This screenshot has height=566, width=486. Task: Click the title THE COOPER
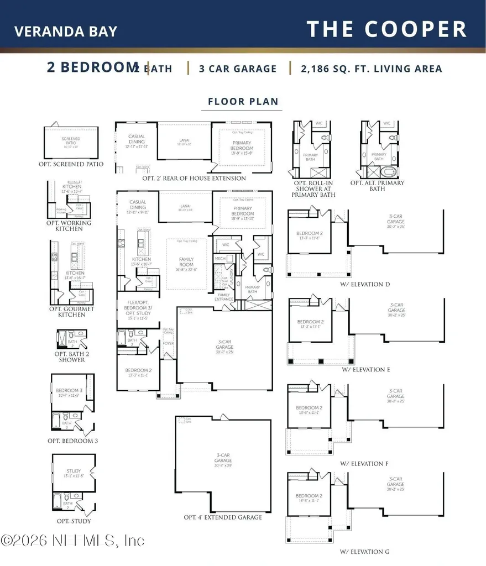(x=387, y=29)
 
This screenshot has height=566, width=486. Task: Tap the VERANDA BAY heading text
(x=66, y=30)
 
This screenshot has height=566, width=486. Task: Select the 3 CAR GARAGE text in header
(x=238, y=69)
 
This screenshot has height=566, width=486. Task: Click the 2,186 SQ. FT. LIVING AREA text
(x=372, y=69)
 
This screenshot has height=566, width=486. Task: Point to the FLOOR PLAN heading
(x=243, y=102)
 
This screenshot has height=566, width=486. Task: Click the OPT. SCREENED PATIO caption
(x=71, y=164)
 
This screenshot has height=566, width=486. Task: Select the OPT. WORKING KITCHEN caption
(x=69, y=226)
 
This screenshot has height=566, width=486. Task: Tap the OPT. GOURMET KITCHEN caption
(x=71, y=311)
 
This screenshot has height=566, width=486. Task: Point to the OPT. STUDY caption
(x=74, y=521)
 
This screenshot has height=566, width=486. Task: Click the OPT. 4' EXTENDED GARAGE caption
(x=223, y=517)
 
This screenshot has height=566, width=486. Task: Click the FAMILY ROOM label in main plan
(x=186, y=261)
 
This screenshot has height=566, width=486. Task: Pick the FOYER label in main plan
(x=168, y=343)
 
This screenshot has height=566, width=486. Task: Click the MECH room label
(x=221, y=258)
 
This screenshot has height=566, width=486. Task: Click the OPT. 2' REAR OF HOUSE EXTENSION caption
(x=194, y=179)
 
